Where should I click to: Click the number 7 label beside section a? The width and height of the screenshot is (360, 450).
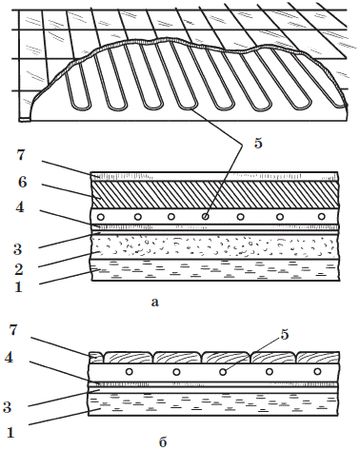(21, 155)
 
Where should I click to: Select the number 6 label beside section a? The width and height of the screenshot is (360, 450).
(22, 182)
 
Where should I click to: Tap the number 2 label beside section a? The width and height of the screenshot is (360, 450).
(18, 269)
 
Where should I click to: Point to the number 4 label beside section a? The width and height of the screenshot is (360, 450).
(20, 207)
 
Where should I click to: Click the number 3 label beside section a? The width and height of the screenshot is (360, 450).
(18, 249)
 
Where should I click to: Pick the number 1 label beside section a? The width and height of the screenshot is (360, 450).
(18, 287)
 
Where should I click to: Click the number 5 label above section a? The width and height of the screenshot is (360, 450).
(258, 143)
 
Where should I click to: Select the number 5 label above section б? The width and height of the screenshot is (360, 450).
(284, 335)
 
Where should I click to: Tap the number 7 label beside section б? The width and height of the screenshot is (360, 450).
(13, 330)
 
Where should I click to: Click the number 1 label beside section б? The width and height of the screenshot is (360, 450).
(11, 433)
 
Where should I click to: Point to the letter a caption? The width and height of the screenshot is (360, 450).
(155, 302)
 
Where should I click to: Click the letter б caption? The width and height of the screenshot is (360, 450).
(163, 441)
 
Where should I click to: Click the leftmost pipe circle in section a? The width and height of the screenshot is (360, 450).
(100, 217)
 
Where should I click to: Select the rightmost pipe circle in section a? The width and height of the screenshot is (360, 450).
(321, 217)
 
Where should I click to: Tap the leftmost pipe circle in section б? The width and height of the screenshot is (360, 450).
(129, 371)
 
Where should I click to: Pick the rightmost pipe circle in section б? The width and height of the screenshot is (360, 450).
(317, 371)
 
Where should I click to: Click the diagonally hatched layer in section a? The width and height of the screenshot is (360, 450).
(215, 195)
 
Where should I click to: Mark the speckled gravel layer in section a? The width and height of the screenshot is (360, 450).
(215, 247)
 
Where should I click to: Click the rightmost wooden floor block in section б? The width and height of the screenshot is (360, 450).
(318, 357)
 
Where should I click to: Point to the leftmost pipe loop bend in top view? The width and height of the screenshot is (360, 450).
(82, 107)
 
